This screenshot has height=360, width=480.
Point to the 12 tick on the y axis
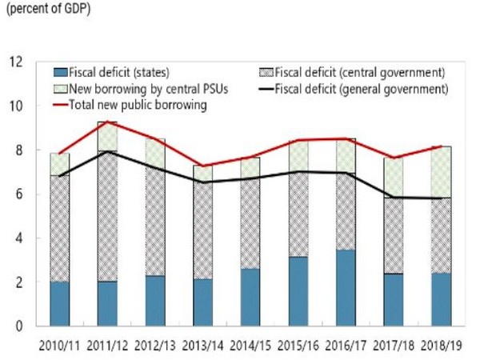point(15,62)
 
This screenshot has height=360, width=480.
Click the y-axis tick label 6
point(18,194)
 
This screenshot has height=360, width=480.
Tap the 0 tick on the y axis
point(18,326)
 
